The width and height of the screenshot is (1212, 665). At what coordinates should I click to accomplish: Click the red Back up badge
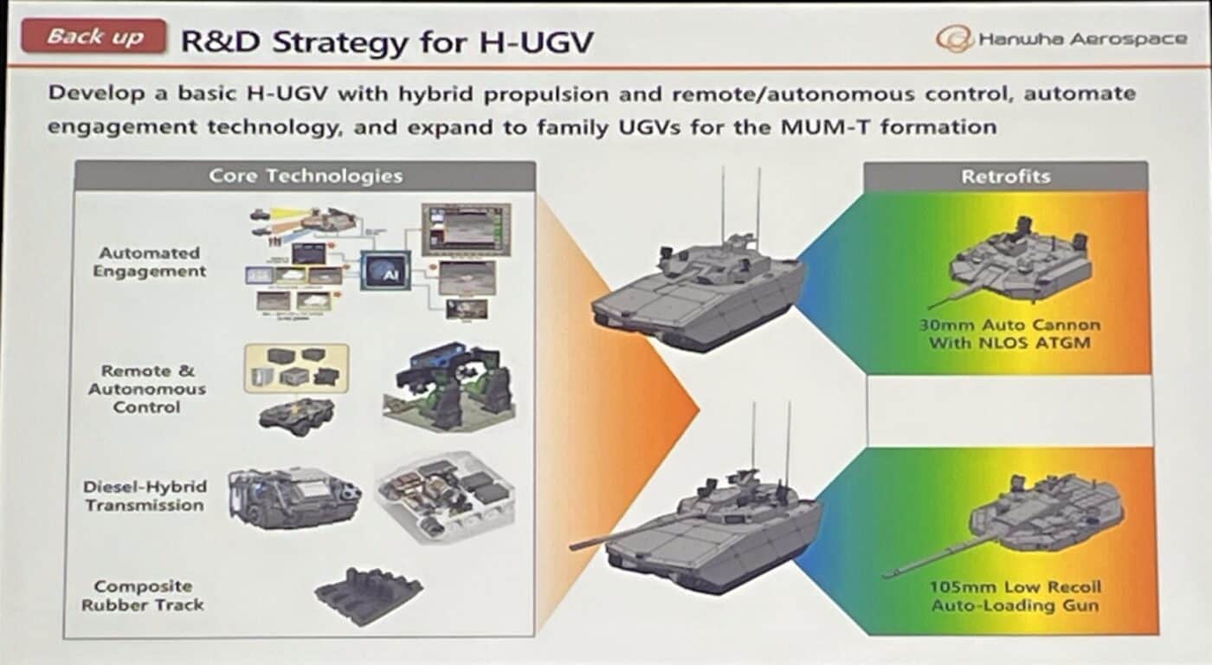tap(93, 36)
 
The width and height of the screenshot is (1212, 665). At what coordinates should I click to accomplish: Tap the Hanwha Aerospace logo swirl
tap(954, 39)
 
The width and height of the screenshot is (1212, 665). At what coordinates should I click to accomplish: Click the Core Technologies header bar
tap(305, 176)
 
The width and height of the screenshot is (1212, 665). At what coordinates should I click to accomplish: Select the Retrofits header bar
tap(1005, 177)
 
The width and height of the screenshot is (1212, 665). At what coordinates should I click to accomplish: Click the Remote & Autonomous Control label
tap(147, 389)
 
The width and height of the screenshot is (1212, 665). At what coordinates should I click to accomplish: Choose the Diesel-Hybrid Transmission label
tap(145, 495)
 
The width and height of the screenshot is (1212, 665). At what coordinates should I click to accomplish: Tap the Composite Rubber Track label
tap(143, 596)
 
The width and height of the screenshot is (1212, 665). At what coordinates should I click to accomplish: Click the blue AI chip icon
tap(385, 271)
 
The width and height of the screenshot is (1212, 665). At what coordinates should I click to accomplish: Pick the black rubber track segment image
tap(368, 595)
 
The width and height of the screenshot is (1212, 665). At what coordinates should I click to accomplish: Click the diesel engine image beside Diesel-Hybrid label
tap(293, 496)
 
